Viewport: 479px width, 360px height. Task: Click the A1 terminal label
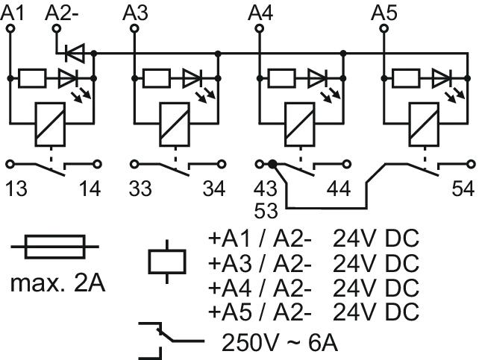[x=12, y=13]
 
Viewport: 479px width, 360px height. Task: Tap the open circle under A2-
[x=57, y=29]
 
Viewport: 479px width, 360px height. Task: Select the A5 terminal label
[x=384, y=13]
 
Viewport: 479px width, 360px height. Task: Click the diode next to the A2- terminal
[x=75, y=54]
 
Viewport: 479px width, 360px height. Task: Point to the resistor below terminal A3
[x=157, y=78]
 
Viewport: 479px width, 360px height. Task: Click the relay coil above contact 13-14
[x=51, y=124]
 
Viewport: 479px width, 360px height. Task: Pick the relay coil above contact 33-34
[x=175, y=124]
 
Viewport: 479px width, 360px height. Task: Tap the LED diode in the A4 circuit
[x=318, y=78]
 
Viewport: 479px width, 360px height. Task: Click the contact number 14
[x=90, y=189]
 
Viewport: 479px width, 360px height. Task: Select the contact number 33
[x=140, y=189]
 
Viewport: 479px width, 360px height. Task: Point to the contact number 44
[x=339, y=189]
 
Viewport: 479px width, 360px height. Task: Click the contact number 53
[x=266, y=211]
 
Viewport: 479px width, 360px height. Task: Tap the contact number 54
[x=463, y=189]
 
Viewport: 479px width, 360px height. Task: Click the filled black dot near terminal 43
[x=272, y=165]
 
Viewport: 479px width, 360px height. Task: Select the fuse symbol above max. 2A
[x=55, y=247]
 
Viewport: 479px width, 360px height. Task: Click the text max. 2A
[x=57, y=284]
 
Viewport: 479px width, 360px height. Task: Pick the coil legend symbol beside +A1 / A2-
[x=167, y=262]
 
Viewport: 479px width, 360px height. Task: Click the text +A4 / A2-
[x=260, y=288]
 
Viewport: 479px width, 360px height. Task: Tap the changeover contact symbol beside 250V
[x=171, y=340]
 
